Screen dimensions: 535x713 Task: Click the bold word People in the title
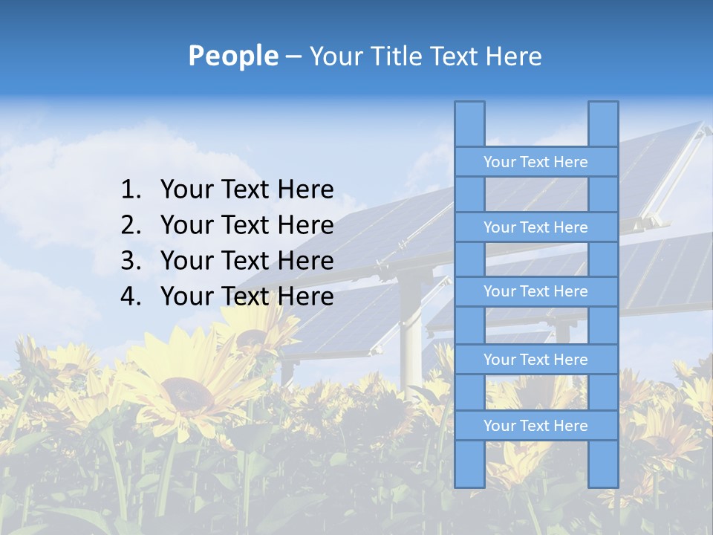click(x=232, y=56)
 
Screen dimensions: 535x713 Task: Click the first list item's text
click(x=247, y=189)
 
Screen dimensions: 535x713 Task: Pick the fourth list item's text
click(x=247, y=296)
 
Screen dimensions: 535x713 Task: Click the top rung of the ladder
click(x=535, y=162)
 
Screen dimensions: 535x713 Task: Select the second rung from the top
click(x=535, y=227)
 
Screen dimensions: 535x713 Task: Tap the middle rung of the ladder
click(x=535, y=291)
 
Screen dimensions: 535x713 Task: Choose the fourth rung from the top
click(x=535, y=360)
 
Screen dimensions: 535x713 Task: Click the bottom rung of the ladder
click(x=535, y=426)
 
